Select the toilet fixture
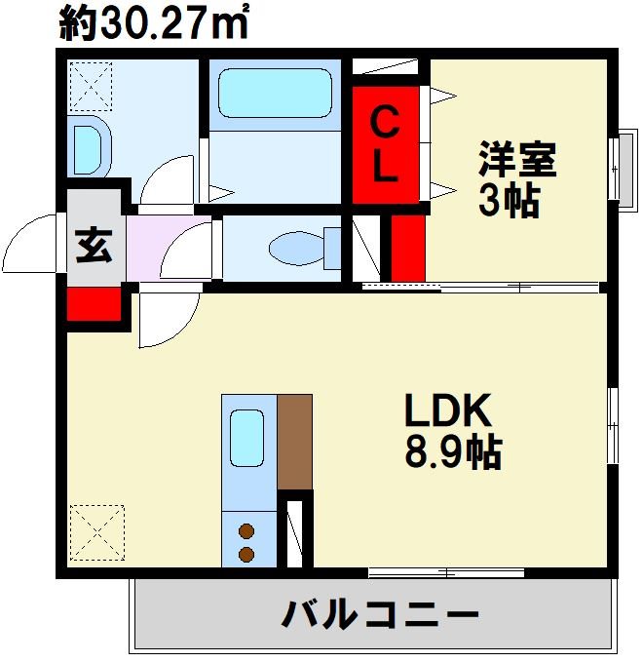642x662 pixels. pyautogui.click(x=298, y=247)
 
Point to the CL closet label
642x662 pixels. pyautogui.click(x=387, y=146)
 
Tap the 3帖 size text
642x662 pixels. pyautogui.click(x=509, y=201)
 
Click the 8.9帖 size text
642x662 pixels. pyautogui.click(x=452, y=451)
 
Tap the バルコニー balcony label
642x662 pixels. pyautogui.click(x=381, y=615)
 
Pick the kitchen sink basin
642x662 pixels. pyautogui.click(x=247, y=439)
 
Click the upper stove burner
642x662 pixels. pyautogui.click(x=245, y=531)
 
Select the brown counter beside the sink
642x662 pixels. pyautogui.click(x=294, y=441)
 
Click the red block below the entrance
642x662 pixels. pyautogui.click(x=94, y=304)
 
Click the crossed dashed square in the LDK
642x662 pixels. pyautogui.click(x=96, y=531)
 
